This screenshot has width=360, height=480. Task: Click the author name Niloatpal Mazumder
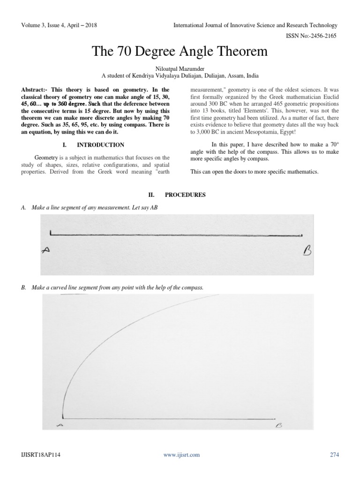point(180,68)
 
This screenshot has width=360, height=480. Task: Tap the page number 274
point(334,454)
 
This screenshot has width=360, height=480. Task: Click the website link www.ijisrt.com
point(181,454)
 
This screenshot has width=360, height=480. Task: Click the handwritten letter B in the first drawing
point(307,253)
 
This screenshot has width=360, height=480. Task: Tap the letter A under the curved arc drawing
point(59,425)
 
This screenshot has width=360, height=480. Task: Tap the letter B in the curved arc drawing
point(278,426)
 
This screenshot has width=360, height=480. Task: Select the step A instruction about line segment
point(90,207)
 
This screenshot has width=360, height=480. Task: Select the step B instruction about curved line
point(112,287)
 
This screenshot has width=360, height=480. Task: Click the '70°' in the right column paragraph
point(330,145)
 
